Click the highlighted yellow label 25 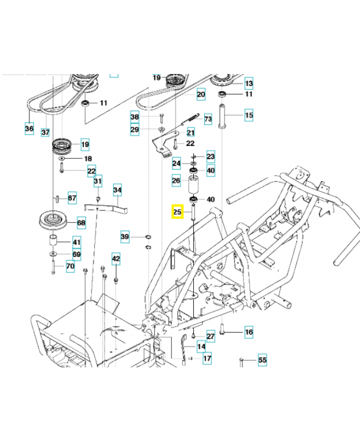coord(177,211)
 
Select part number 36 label coord(29,129)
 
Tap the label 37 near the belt coord(45,133)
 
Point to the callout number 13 coord(248,83)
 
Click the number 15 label coord(248,115)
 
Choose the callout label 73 coord(208,119)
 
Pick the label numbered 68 coord(81,223)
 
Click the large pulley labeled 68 coord(53,220)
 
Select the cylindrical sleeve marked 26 coord(194,182)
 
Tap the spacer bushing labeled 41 coord(54,241)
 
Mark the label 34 coord(118,191)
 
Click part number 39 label coord(125,237)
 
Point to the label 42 coord(115,258)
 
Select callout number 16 coord(248,332)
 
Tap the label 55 coord(262,360)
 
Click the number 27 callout coord(210,336)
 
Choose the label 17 coord(207,358)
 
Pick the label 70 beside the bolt coord(70,266)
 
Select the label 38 coord(135,117)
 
